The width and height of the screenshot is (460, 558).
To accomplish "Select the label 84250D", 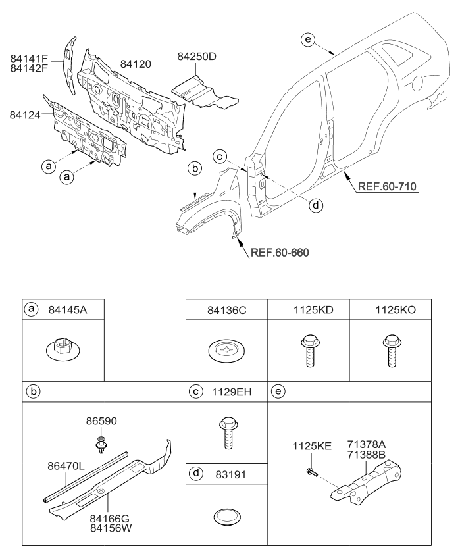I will point(196,57).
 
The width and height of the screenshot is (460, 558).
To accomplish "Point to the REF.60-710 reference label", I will point(388,186).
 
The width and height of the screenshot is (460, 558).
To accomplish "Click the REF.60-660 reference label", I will point(279,251).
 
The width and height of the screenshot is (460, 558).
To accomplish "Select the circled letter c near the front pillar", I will point(220,156).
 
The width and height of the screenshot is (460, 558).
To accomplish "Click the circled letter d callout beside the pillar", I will point(316,205).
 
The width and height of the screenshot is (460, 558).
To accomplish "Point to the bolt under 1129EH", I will point(226,432).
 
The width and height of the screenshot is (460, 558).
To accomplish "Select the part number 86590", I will point(100,420).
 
